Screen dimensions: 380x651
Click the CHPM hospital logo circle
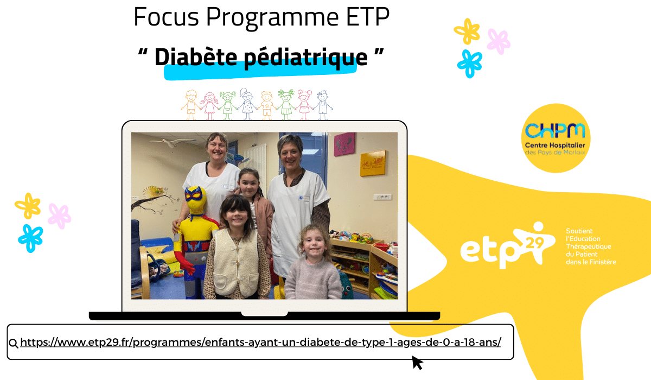[556, 138]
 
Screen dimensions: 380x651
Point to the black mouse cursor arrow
[417, 362]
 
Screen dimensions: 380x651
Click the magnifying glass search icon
[14, 343]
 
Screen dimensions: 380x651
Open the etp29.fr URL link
[260, 343]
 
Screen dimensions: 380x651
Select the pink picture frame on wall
[344, 144]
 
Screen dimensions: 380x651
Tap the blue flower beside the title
[469, 63]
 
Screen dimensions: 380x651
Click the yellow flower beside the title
[467, 31]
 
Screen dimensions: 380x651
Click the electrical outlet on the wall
[383, 197]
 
